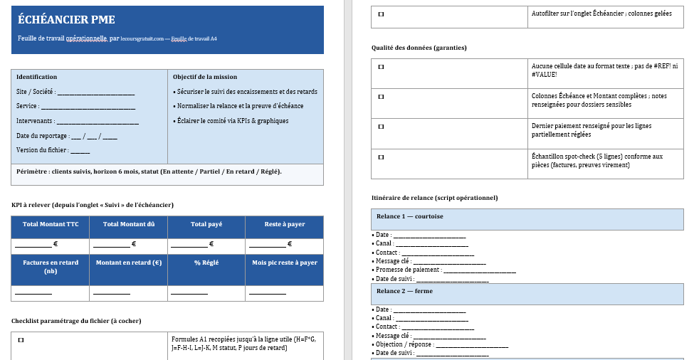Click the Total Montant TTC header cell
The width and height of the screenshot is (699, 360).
(x=51, y=224)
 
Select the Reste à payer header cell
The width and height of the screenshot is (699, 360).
(x=284, y=224)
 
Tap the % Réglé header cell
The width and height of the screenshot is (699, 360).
(x=206, y=263)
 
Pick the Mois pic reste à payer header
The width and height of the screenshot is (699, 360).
(x=284, y=263)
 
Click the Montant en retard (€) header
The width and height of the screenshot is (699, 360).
(x=129, y=263)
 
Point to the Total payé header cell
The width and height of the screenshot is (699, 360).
(x=206, y=224)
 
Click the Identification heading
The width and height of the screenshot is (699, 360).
(x=37, y=77)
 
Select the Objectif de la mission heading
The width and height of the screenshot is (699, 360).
(x=205, y=77)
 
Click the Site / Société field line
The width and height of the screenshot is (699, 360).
(x=95, y=92)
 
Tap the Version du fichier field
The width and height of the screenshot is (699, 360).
(x=80, y=151)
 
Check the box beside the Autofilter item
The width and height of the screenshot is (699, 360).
(x=380, y=14)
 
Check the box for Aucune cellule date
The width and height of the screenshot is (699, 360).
(x=380, y=67)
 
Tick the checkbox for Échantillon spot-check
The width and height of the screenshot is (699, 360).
(x=380, y=157)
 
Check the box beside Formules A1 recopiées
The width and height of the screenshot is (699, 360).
(x=21, y=340)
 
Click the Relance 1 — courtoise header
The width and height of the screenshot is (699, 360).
(x=410, y=216)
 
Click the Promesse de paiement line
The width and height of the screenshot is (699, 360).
(x=480, y=270)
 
